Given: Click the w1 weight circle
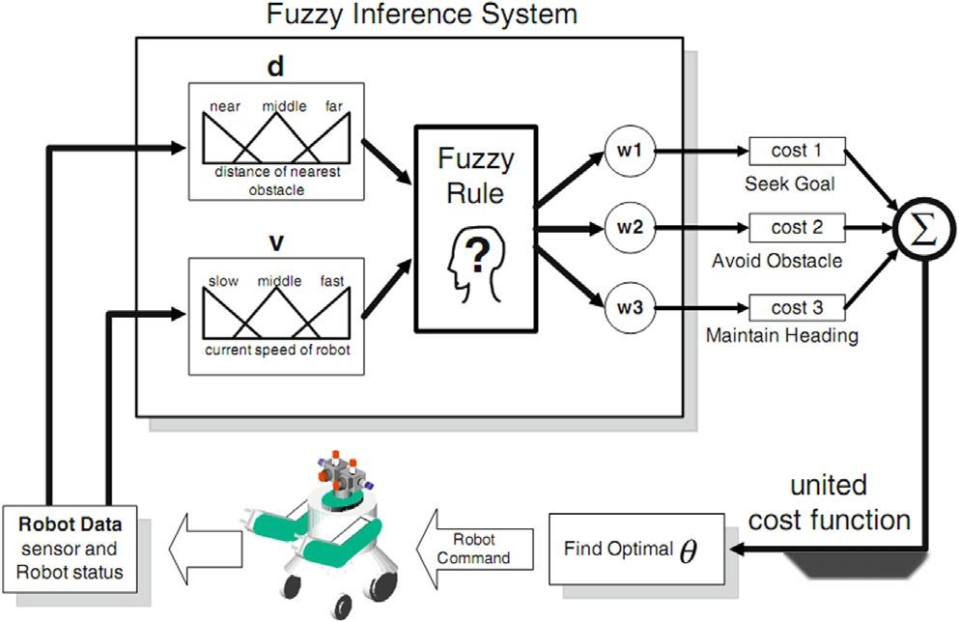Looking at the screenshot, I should [x=630, y=152].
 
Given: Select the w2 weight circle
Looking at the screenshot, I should [x=630, y=231].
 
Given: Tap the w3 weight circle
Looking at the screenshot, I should [x=630, y=309].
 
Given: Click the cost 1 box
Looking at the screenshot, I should [x=797, y=151].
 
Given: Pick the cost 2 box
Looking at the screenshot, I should [x=797, y=230].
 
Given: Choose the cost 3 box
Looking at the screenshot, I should [x=797, y=308].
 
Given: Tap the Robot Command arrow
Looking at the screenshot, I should [x=476, y=551].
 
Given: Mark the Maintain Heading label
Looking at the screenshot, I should [x=782, y=337].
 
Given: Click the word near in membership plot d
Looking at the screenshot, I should [x=225, y=107].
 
